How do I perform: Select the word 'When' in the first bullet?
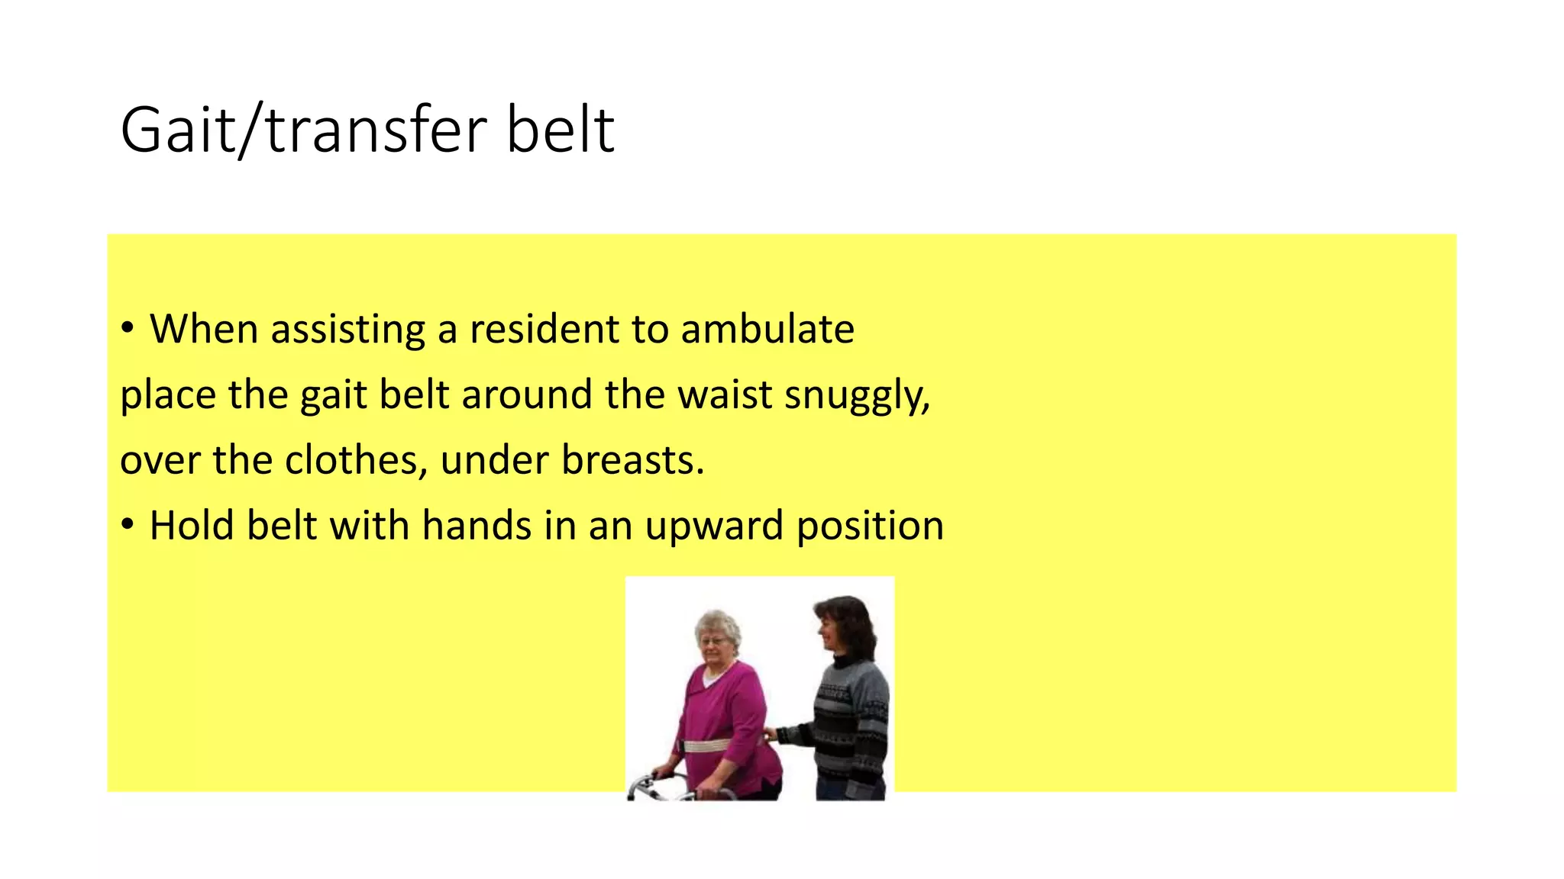click(203, 330)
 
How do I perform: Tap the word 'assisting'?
click(347, 330)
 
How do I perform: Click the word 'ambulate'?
click(767, 330)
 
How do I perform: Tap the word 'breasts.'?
click(632, 461)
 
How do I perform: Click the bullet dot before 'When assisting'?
click(128, 330)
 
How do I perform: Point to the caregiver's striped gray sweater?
click(851, 717)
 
